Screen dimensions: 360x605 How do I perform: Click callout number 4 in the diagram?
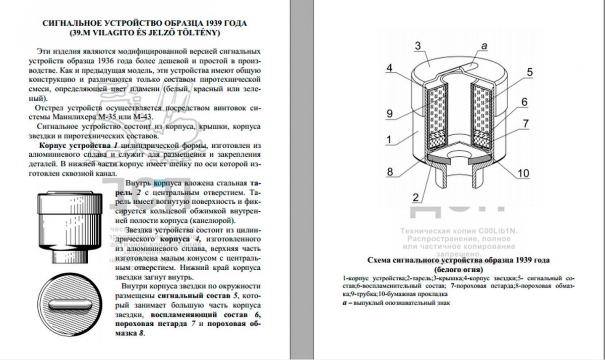(390, 69)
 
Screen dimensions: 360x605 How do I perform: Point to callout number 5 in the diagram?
(529, 73)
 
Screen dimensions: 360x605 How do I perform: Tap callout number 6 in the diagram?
(524, 102)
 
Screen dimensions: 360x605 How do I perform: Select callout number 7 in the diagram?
(525, 123)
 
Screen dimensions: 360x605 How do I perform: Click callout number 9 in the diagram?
(389, 114)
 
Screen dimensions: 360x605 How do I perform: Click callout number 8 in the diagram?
(390, 171)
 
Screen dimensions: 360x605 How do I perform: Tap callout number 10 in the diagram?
(523, 174)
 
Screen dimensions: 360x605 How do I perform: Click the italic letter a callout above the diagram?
(484, 46)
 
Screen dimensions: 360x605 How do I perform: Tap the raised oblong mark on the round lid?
(71, 306)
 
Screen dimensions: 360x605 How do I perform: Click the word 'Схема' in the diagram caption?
(380, 260)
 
